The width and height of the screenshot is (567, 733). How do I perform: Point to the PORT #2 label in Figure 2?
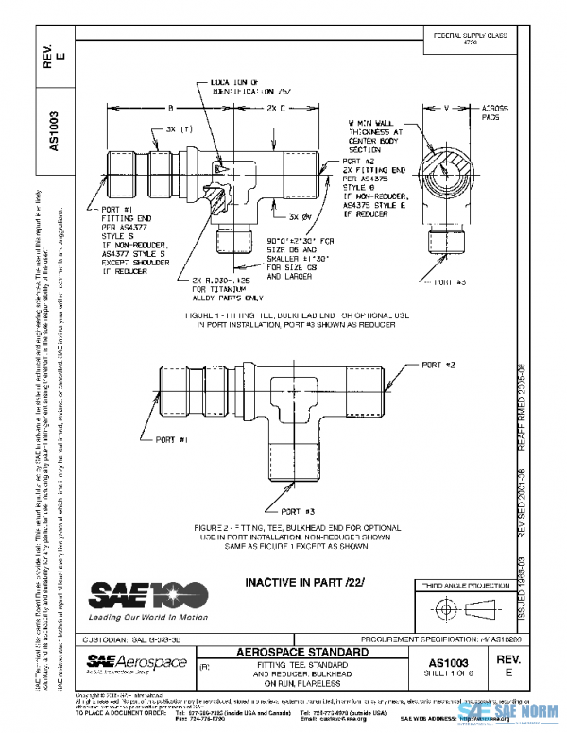click(x=438, y=365)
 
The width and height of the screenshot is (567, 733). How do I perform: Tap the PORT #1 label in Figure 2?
click(x=170, y=439)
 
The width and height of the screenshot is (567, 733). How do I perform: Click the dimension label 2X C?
click(x=277, y=108)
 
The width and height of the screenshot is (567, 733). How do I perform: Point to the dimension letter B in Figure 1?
click(x=170, y=108)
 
